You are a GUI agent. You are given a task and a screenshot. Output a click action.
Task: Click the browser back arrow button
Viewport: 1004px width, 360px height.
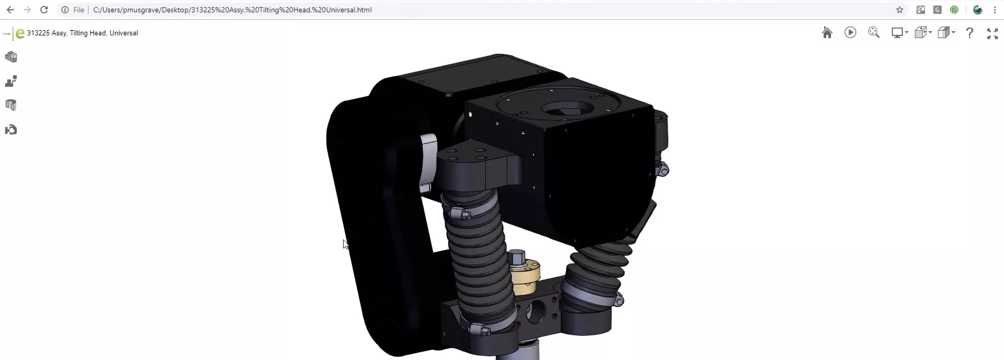[x=10, y=10]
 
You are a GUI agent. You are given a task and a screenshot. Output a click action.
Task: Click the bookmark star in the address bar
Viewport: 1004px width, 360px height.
[x=900, y=10]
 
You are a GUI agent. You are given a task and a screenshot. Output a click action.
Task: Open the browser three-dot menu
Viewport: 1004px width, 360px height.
[x=995, y=10]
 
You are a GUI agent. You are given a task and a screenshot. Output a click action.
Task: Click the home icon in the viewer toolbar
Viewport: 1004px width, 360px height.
[x=827, y=33]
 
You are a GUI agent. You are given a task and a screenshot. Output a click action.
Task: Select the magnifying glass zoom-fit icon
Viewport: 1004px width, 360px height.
[x=873, y=33]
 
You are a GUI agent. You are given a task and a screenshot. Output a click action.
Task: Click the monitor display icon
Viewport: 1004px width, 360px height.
[x=898, y=33]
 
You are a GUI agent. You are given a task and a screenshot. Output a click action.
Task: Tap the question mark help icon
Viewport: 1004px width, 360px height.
[x=970, y=33]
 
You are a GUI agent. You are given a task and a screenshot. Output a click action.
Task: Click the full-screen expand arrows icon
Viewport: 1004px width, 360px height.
[x=992, y=33]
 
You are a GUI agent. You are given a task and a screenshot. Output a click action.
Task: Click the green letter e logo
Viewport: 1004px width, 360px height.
[x=20, y=33]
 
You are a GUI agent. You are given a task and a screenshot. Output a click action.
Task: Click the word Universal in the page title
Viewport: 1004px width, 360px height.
[x=124, y=33]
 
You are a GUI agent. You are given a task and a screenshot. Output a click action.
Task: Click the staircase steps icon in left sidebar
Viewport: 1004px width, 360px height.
[x=11, y=81]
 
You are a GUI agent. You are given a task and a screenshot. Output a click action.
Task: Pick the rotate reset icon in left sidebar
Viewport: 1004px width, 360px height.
[x=11, y=130]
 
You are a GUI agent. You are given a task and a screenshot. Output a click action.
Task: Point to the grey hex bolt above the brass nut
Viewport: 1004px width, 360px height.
[x=517, y=256]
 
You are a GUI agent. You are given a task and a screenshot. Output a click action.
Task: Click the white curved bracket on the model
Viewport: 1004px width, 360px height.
[x=428, y=159]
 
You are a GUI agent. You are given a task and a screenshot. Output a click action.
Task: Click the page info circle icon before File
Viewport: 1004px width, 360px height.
[x=65, y=10]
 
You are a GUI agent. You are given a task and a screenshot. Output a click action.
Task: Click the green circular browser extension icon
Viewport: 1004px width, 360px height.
[x=954, y=10]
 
